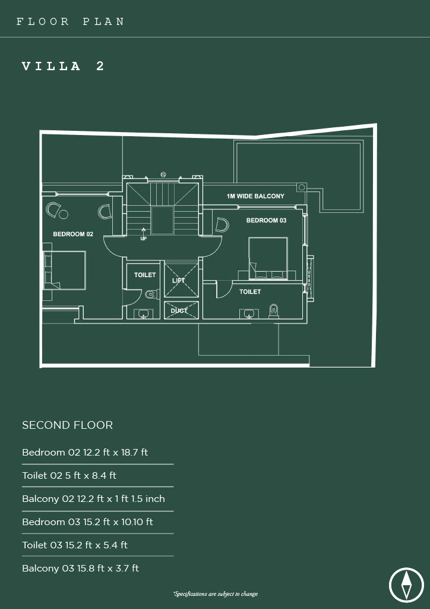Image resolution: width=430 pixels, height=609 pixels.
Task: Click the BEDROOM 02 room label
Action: click(x=73, y=234)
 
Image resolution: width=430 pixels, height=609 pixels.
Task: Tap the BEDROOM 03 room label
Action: click(x=267, y=220)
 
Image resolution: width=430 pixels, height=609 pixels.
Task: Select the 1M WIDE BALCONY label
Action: click(x=255, y=196)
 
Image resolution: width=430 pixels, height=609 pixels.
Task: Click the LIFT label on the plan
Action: click(x=178, y=281)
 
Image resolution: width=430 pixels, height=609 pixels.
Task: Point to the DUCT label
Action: click(x=179, y=310)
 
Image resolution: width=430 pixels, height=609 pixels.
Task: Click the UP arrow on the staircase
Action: click(x=144, y=232)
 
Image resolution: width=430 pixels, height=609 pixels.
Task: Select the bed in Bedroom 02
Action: click(x=64, y=271)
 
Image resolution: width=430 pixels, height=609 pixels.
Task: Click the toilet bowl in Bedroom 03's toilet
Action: click(x=274, y=311)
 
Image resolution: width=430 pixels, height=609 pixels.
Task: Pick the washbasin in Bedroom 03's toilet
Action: click(x=247, y=313)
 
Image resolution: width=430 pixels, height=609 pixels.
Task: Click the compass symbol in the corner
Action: click(x=406, y=585)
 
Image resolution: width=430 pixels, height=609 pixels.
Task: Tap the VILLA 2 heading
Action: click(x=63, y=66)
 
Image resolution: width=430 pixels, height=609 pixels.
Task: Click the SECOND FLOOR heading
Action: click(x=68, y=425)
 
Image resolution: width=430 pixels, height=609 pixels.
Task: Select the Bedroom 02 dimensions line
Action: click(x=85, y=453)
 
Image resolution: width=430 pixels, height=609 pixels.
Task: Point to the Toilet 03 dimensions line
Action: click(x=75, y=545)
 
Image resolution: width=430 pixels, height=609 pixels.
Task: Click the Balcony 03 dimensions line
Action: click(x=80, y=569)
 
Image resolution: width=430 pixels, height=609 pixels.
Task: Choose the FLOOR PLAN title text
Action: click(x=70, y=21)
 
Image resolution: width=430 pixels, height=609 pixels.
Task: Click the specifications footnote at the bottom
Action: click(x=216, y=594)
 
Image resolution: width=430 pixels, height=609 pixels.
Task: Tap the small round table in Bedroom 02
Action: click(x=64, y=214)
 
